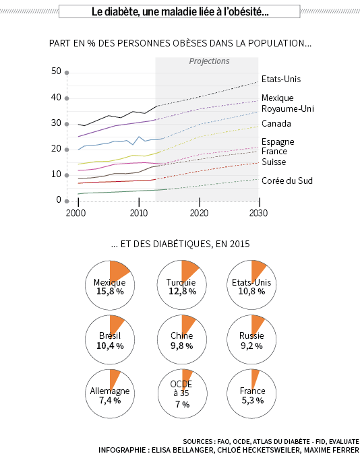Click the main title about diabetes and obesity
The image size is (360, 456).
tap(180, 11)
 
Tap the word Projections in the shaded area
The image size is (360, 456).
tap(209, 61)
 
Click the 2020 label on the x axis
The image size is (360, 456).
tap(199, 213)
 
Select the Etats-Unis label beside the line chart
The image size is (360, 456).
tap(281, 79)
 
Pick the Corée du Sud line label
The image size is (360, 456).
tap(287, 181)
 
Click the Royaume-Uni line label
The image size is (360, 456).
tap(288, 108)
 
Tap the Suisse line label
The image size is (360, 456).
tap(274, 162)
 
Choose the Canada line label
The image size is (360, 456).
tap(276, 123)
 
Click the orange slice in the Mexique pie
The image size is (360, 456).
tap(117, 270)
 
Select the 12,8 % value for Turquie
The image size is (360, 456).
tap(183, 291)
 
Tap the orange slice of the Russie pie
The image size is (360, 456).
tap(256, 324)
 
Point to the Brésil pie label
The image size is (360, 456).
tap(110, 335)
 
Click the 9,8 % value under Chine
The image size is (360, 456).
tap(181, 346)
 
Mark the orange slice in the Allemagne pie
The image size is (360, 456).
tap(114, 377)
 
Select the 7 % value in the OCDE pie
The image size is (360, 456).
tap(183, 404)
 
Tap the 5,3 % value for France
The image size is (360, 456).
tap(252, 401)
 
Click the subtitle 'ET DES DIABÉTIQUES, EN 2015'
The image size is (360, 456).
tap(181, 244)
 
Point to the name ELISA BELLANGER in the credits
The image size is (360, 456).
tap(183, 450)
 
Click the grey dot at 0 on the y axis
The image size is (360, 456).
tap(67, 201)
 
